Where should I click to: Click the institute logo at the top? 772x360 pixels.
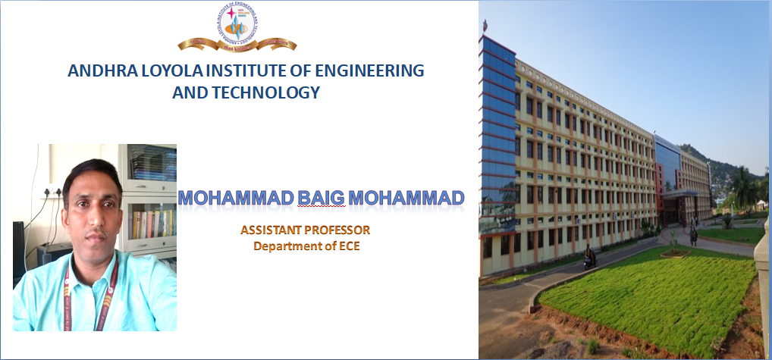(237, 29)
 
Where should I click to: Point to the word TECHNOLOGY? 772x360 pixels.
(262, 93)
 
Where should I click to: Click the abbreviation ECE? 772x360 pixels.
(348, 246)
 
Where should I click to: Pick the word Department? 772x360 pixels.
(290, 246)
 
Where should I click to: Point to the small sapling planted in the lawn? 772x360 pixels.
(673, 243)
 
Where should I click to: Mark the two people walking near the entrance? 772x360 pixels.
(693, 236)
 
